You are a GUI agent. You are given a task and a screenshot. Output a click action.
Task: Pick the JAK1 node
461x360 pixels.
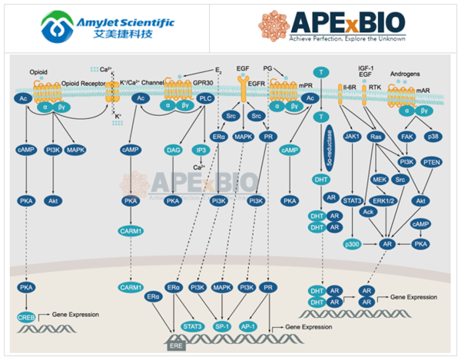(353, 136)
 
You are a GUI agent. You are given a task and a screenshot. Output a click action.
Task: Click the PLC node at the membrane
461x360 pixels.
(205, 98)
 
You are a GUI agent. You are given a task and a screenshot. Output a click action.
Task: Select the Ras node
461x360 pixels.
(376, 136)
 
